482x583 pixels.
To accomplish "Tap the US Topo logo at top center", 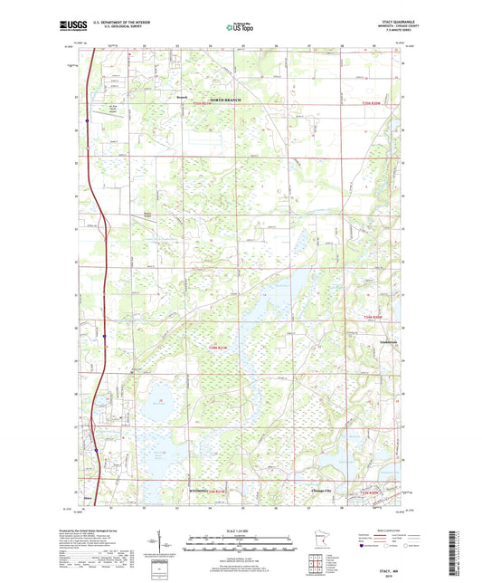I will coord(238,28).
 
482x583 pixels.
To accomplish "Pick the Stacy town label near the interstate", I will coord(88,497).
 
